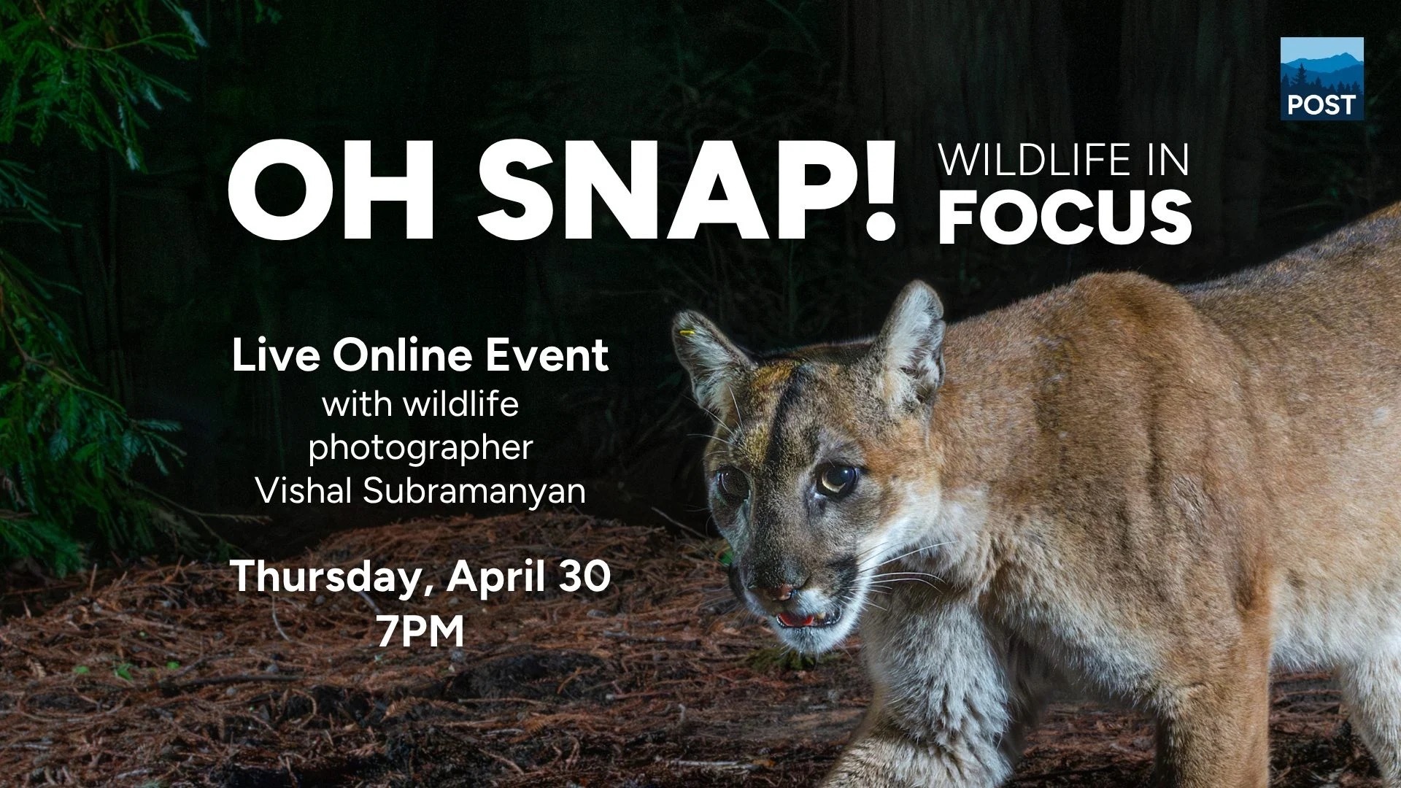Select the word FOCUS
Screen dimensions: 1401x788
click(1065, 217)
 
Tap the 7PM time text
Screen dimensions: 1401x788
click(421, 632)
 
